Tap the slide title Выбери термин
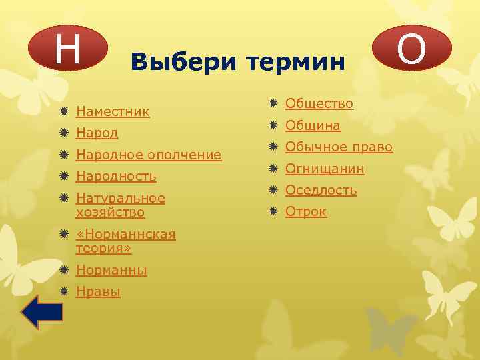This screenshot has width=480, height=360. pos(238,62)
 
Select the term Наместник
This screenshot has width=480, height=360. pos(113,111)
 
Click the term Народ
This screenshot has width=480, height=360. pos(97,133)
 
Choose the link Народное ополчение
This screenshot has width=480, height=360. pos(149,155)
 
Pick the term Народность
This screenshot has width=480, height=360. pos(116,177)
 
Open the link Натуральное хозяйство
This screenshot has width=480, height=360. pos(121,205)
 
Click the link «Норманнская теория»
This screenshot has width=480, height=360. pos(126,241)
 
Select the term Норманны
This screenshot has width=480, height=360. pos(112,271)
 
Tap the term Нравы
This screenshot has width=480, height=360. pos(98,292)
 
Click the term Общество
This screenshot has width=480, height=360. pos(319,103)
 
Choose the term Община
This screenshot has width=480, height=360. pos(313,125)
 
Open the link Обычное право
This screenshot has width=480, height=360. pos(339,147)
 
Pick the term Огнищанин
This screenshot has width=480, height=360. pos(325,169)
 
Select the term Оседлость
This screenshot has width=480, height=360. pos(321,190)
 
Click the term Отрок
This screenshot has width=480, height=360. pos(306,212)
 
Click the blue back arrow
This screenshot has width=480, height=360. pos(42,312)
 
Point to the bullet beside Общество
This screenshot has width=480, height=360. pos(273,103)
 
